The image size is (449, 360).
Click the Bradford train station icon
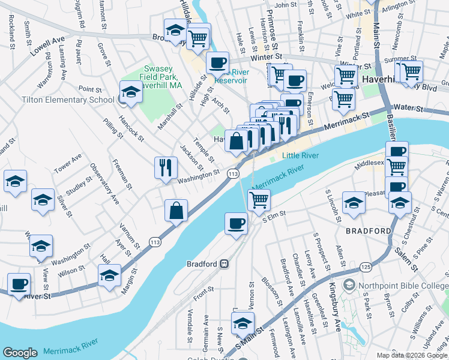223,263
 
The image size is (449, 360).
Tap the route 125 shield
365,265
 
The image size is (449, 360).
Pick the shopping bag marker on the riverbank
176,211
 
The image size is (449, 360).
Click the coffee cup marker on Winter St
217,62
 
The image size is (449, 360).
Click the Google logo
20,353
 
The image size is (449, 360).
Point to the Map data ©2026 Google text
412,355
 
